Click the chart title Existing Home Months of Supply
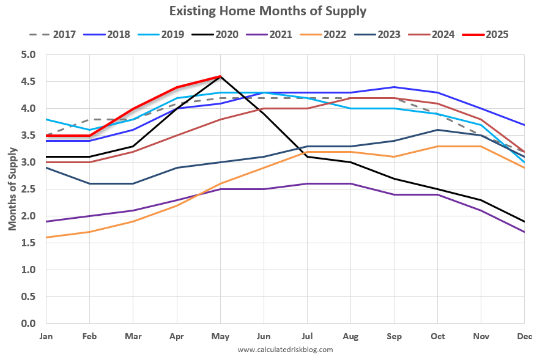[268, 11]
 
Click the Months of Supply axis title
[12, 189]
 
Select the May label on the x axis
[220, 336]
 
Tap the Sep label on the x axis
[393, 336]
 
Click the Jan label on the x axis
[46, 336]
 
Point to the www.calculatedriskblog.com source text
[285, 350]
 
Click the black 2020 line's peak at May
[220, 76]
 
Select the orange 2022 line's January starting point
[46, 237]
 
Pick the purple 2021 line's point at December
[524, 232]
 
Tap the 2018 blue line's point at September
[394, 87]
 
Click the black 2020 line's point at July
[307, 157]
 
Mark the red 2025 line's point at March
[133, 109]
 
